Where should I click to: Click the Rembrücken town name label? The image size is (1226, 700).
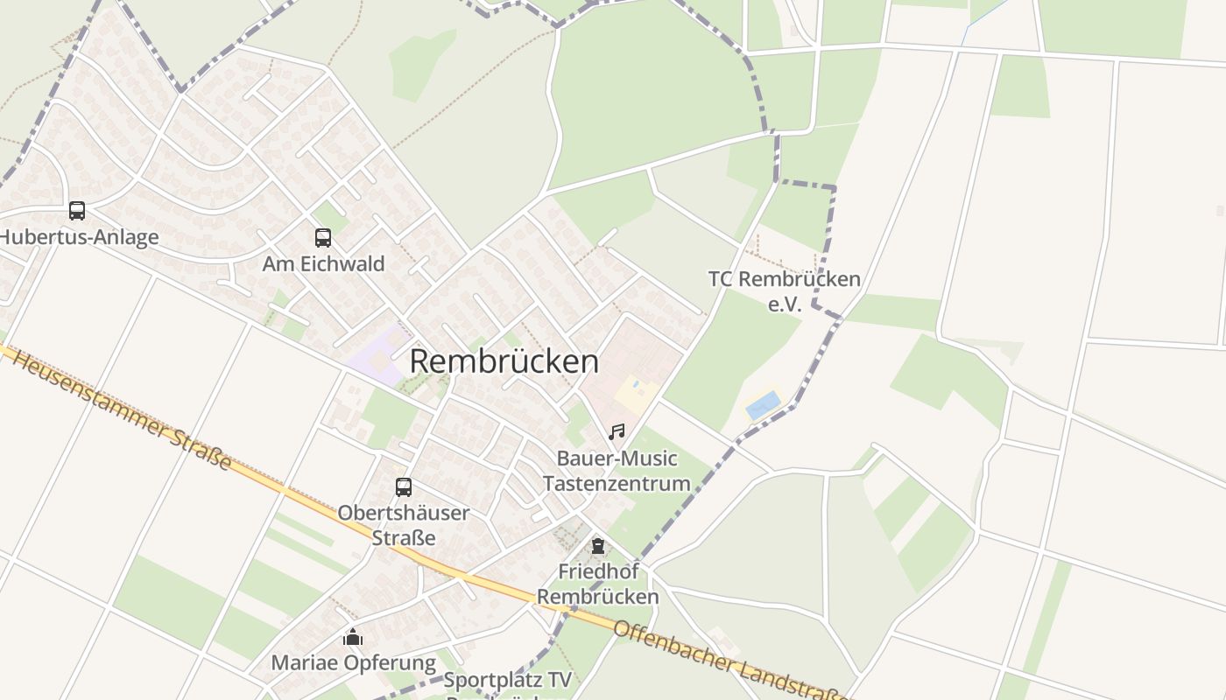click(x=504, y=361)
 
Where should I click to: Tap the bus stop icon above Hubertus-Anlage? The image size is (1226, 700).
click(x=77, y=211)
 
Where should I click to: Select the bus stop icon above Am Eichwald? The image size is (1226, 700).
click(x=323, y=237)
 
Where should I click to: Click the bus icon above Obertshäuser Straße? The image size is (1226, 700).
click(x=404, y=487)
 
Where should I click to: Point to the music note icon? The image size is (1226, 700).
click(x=617, y=431)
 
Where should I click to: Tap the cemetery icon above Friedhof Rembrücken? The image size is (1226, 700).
click(x=598, y=546)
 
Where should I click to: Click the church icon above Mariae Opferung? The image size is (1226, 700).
click(x=353, y=637)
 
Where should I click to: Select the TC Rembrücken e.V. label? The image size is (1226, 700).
click(x=785, y=291)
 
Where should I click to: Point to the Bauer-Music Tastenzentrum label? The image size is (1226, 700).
click(x=617, y=471)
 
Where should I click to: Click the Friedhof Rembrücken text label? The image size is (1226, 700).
click(x=598, y=584)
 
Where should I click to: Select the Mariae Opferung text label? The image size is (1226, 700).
click(x=353, y=663)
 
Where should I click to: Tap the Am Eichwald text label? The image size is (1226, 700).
click(x=323, y=263)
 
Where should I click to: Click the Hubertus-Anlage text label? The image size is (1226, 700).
click(x=79, y=237)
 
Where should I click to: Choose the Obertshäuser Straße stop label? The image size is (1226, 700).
click(x=404, y=525)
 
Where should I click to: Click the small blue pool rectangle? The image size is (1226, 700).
click(x=763, y=405)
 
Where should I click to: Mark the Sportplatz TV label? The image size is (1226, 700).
click(x=508, y=680)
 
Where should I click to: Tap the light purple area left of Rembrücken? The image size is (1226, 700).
click(x=375, y=350)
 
